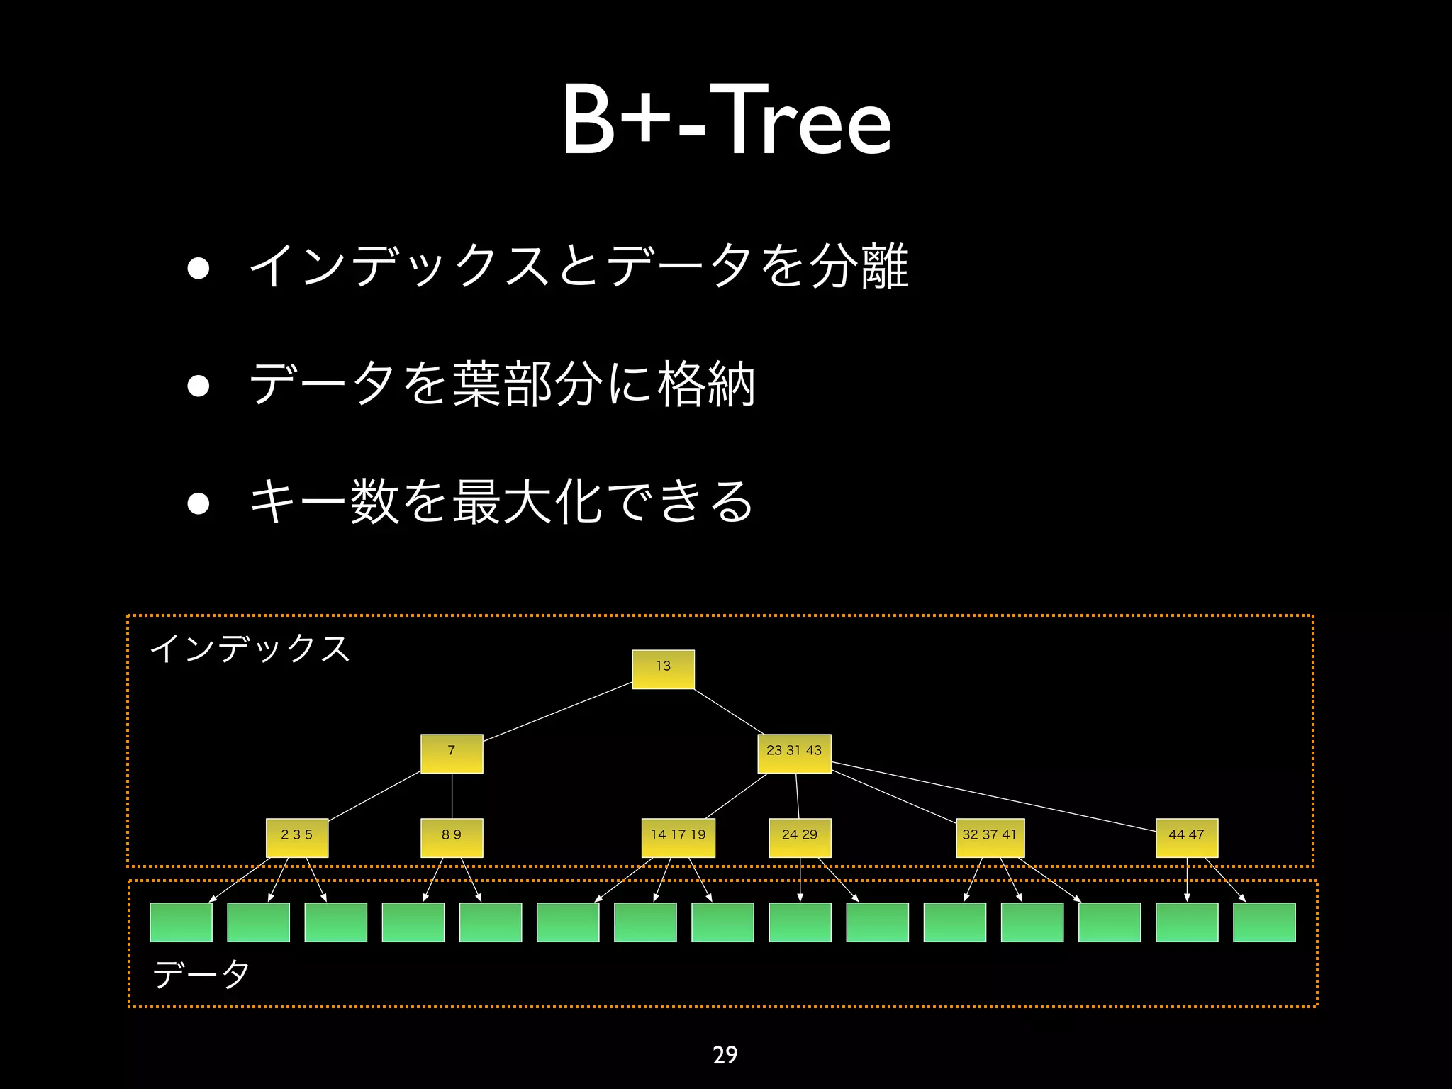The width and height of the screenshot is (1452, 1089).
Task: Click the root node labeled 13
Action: (x=663, y=669)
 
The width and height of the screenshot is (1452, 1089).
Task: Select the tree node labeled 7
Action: (x=452, y=753)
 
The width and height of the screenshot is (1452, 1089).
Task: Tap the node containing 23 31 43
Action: (x=794, y=753)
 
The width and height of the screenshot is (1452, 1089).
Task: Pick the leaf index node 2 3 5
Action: (x=297, y=837)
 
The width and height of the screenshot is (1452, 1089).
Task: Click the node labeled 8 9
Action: (x=452, y=837)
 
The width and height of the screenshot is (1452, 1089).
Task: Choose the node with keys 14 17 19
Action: (x=678, y=837)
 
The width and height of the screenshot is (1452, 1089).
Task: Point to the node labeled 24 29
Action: (x=800, y=837)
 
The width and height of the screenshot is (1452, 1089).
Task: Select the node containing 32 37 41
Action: (x=990, y=837)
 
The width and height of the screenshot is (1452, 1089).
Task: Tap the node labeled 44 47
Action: (x=1187, y=837)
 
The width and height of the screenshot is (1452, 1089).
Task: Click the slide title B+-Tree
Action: (x=726, y=121)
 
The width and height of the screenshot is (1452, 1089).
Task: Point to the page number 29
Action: (x=725, y=1055)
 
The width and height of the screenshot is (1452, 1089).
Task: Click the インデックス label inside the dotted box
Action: (x=250, y=649)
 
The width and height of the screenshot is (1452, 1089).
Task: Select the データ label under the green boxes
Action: (x=201, y=974)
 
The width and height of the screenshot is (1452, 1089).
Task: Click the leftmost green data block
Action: (x=181, y=922)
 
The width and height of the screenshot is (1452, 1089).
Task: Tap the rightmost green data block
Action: (x=1264, y=922)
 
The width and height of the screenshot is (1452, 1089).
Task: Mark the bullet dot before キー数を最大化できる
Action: (x=199, y=503)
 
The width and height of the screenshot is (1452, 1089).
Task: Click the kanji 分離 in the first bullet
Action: (x=859, y=267)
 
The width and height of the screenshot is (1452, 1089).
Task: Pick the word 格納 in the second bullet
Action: (x=706, y=384)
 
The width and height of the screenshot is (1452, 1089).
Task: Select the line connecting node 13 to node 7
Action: (x=557, y=712)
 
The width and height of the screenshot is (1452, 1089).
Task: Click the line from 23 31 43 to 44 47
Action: (x=993, y=796)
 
